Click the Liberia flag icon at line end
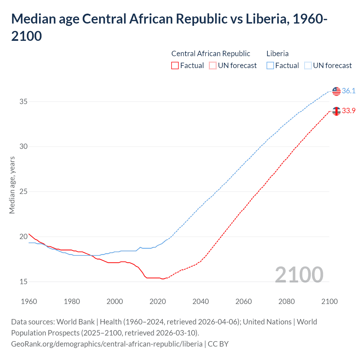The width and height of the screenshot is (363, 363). pyautogui.click(x=336, y=91)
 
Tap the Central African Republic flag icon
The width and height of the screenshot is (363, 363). pyautogui.click(x=336, y=111)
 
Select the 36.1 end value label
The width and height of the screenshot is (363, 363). pyautogui.click(x=349, y=91)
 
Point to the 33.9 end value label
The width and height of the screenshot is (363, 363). pyautogui.click(x=349, y=111)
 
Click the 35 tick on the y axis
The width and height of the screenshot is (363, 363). pyautogui.click(x=24, y=102)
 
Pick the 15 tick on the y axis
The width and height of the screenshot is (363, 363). pyautogui.click(x=24, y=282)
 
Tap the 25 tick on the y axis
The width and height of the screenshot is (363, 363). pyautogui.click(x=24, y=191)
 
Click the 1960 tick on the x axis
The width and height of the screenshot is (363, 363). pyautogui.click(x=29, y=301)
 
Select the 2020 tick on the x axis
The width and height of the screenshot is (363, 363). pyautogui.click(x=158, y=301)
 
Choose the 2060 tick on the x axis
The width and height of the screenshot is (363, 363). pyautogui.click(x=244, y=301)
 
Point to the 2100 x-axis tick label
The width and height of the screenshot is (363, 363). pyautogui.click(x=329, y=301)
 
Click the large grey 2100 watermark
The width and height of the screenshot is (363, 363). pyautogui.click(x=299, y=275)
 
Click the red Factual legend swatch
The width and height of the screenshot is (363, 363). pyautogui.click(x=175, y=66)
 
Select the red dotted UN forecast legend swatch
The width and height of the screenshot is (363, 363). pyautogui.click(x=213, y=66)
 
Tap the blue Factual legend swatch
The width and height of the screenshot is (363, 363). pyautogui.click(x=270, y=66)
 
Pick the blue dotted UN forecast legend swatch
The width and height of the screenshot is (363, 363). pyautogui.click(x=308, y=66)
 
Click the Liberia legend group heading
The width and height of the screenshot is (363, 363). pyautogui.click(x=277, y=54)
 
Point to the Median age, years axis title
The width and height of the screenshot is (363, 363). pyautogui.click(x=12, y=185)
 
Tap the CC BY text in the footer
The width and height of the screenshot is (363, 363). pyautogui.click(x=218, y=344)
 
